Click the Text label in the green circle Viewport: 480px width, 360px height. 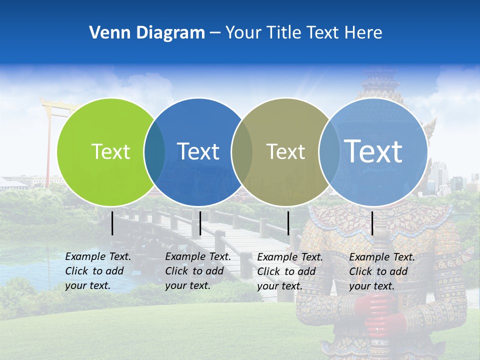(x=110, y=151)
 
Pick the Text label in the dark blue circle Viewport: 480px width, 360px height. (x=198, y=151)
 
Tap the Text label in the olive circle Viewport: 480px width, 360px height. (x=285, y=151)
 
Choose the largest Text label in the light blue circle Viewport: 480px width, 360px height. (x=373, y=151)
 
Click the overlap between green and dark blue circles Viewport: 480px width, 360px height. (x=154, y=151)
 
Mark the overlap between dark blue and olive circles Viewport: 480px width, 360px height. (x=242, y=151)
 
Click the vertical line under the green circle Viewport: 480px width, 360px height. (x=112, y=223)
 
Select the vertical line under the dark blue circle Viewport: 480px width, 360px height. (x=200, y=223)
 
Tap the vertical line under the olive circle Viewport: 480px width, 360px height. (x=288, y=223)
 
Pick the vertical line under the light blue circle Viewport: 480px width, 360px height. (x=372, y=223)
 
